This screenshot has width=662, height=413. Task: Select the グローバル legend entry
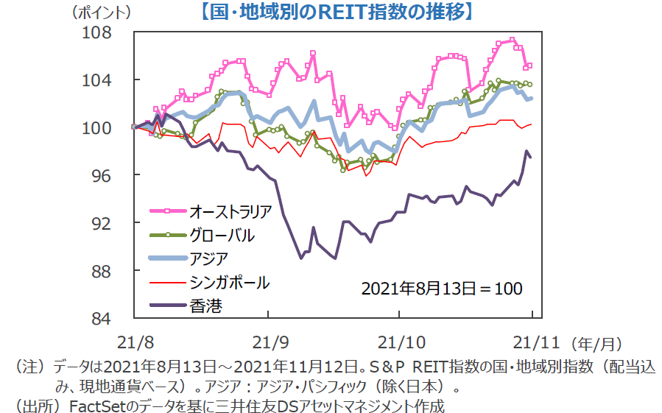(222, 236)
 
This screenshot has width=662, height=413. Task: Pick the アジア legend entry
(208, 258)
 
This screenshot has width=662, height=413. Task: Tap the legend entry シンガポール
(229, 282)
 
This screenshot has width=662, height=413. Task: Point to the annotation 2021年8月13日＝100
(442, 288)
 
